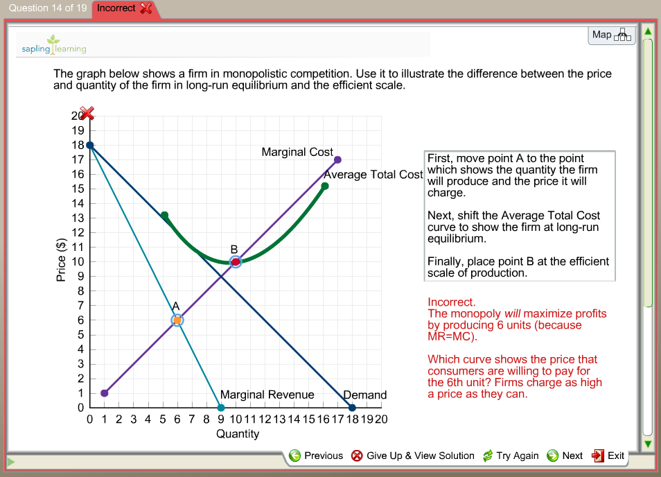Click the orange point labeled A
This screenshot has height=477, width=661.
[177, 320]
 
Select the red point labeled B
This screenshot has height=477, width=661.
[236, 261]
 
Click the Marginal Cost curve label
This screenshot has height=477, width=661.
[297, 152]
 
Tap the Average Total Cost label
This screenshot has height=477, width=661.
[373, 174]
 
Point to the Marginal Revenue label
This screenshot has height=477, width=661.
[267, 394]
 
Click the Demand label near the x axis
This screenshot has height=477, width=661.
[365, 395]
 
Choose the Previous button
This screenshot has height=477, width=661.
[316, 456]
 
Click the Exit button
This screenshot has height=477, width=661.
[608, 456]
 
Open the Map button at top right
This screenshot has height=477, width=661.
[611, 35]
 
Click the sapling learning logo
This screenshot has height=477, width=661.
[55, 45]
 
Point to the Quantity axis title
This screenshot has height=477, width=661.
[238, 434]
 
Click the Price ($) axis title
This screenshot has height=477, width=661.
[60, 261]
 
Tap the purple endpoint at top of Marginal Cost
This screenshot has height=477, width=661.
[337, 159]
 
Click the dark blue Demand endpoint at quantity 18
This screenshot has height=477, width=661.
[352, 408]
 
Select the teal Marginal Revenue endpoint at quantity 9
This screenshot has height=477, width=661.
[221, 408]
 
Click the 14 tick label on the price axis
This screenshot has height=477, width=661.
[78, 203]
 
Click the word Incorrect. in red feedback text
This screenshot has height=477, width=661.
[452, 302]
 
